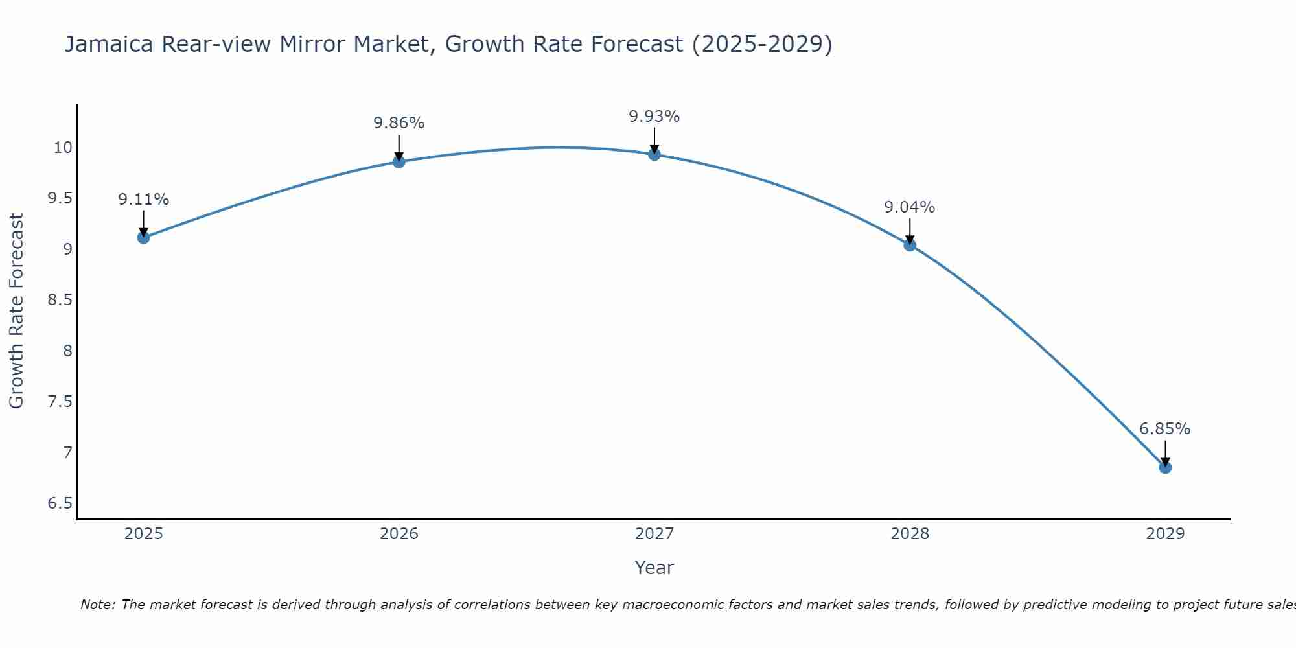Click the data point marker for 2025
(x=143, y=238)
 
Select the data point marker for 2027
(x=654, y=154)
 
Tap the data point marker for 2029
(x=1165, y=467)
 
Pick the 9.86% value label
(x=399, y=123)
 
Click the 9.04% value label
(x=910, y=207)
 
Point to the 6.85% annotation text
(x=1164, y=429)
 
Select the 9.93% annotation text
(x=654, y=117)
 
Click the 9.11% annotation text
(x=143, y=200)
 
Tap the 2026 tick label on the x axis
(x=399, y=534)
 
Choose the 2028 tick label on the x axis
(x=910, y=534)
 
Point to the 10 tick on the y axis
(x=63, y=148)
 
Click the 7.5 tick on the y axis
(x=60, y=402)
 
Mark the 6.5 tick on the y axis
(x=60, y=503)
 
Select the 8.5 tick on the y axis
(x=60, y=300)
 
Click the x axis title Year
(x=654, y=568)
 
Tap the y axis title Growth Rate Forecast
(x=16, y=311)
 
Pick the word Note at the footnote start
(x=97, y=605)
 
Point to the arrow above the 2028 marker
(x=910, y=231)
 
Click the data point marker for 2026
(x=399, y=161)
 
